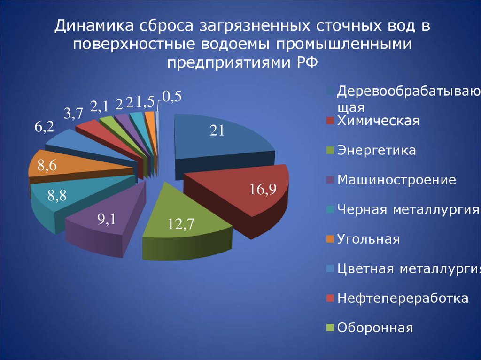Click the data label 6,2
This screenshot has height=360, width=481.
click(x=44, y=127)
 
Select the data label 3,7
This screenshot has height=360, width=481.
click(x=74, y=113)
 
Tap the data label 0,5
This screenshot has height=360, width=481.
click(x=172, y=97)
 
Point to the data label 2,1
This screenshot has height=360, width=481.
click(x=100, y=107)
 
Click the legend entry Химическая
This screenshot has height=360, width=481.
click(x=378, y=121)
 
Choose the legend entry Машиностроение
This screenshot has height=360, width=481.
click(x=396, y=180)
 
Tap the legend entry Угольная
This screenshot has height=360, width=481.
click(x=369, y=239)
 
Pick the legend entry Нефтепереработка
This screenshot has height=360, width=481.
click(x=403, y=299)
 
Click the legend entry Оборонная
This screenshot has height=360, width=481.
click(x=375, y=328)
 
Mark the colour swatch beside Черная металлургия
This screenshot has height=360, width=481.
click(x=330, y=210)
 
